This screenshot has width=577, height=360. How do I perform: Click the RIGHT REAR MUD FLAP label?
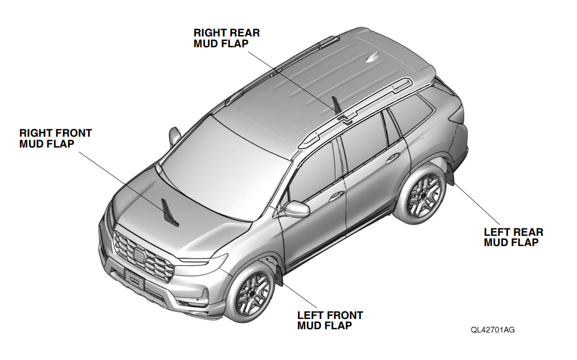tap(227, 38)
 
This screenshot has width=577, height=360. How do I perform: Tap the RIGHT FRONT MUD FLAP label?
tap(56, 138)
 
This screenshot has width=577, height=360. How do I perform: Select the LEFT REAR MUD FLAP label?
tap(513, 237)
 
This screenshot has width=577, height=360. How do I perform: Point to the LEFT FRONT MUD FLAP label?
tap(330, 320)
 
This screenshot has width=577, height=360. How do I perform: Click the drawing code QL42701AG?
tap(493, 330)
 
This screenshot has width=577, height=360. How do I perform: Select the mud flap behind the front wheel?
tap(279, 274)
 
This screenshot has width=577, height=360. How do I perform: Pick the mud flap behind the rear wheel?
tap(450, 173)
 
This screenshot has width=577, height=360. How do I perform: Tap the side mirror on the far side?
tap(174, 136)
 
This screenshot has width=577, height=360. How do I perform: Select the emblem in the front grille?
tap(140, 255)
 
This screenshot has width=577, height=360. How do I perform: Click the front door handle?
tap(336, 196)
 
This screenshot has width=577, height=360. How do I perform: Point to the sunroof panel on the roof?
tap(274, 116)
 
